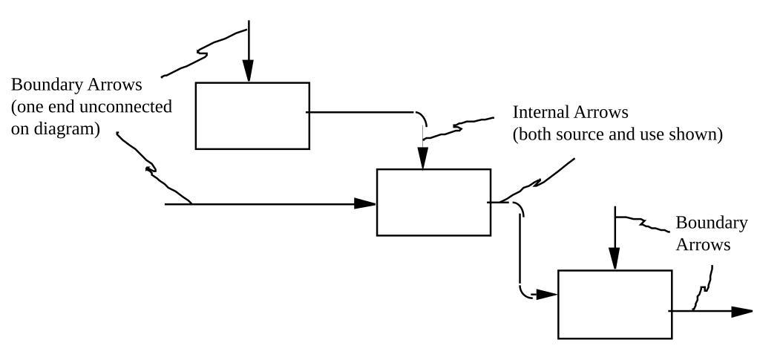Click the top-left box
click(252, 116)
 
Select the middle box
click(433, 202)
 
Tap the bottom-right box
click(615, 304)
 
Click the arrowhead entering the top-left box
click(249, 71)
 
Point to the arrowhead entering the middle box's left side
click(365, 203)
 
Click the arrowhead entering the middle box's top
click(423, 159)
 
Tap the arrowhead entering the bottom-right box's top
click(615, 260)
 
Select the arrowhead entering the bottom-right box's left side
click(547, 294)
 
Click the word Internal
click(541, 113)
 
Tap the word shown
click(699, 136)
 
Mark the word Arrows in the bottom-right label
click(703, 245)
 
